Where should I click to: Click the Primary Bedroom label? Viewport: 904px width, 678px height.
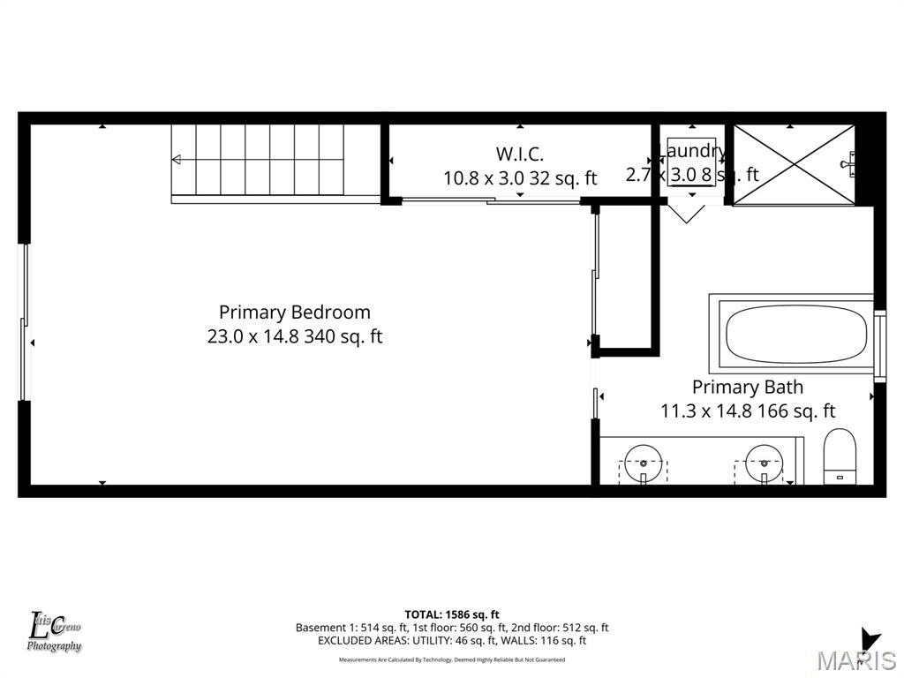click(x=294, y=313)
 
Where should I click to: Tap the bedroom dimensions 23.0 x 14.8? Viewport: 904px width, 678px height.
click(x=253, y=336)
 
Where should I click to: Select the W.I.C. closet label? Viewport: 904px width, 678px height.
click(x=519, y=154)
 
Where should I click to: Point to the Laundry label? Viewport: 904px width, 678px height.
click(x=692, y=151)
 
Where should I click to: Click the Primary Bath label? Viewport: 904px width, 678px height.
click(x=747, y=387)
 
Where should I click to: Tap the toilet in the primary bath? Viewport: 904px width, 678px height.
click(x=839, y=456)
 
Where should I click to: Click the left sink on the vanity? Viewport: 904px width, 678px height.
click(x=644, y=461)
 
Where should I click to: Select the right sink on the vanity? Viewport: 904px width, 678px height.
click(x=764, y=461)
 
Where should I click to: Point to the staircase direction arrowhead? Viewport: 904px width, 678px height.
click(x=177, y=160)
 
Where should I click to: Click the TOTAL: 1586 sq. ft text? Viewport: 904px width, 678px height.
click(x=452, y=614)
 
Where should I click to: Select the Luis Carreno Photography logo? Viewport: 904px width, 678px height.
click(x=55, y=632)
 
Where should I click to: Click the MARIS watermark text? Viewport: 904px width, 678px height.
click(x=855, y=660)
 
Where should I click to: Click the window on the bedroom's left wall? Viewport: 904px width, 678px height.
click(x=25, y=322)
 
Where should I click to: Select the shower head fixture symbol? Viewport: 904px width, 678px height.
click(x=852, y=162)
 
